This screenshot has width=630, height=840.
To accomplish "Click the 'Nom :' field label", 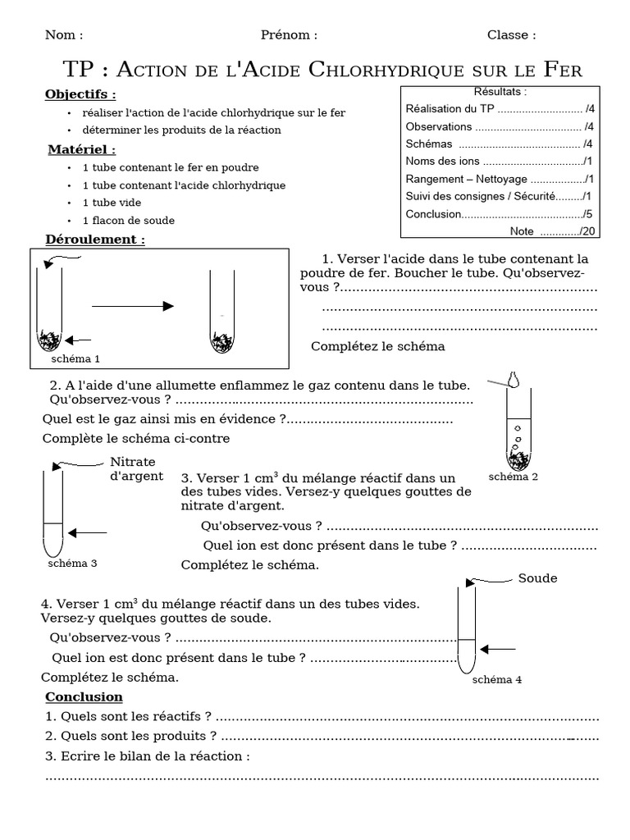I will pyautogui.click(x=64, y=35).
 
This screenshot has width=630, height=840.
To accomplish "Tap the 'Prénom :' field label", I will pyautogui.click(x=289, y=35).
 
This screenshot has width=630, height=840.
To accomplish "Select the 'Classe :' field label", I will pyautogui.click(x=511, y=35).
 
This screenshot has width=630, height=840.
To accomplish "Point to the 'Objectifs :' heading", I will pyautogui.click(x=80, y=94).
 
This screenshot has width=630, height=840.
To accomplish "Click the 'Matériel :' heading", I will pyautogui.click(x=80, y=149).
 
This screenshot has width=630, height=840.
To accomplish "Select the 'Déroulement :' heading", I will pyautogui.click(x=95, y=240).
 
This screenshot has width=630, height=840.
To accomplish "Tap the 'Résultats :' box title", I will pyautogui.click(x=500, y=91).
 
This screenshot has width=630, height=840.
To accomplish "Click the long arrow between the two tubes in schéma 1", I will pyautogui.click(x=132, y=306).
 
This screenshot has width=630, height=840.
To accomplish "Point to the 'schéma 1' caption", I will pyautogui.click(x=75, y=358).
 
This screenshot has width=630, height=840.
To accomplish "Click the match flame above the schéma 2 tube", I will pyautogui.click(x=514, y=379).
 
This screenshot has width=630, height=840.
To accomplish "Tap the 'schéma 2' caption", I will pyautogui.click(x=513, y=477).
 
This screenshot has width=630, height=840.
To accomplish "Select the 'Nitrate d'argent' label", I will pyautogui.click(x=136, y=468).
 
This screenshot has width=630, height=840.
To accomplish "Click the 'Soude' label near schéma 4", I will pyautogui.click(x=537, y=578).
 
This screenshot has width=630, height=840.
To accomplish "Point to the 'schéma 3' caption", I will pyautogui.click(x=72, y=563).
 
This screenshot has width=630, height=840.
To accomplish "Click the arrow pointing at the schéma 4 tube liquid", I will pyautogui.click(x=498, y=649).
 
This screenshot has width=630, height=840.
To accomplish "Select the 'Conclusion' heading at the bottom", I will pyautogui.click(x=84, y=696).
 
